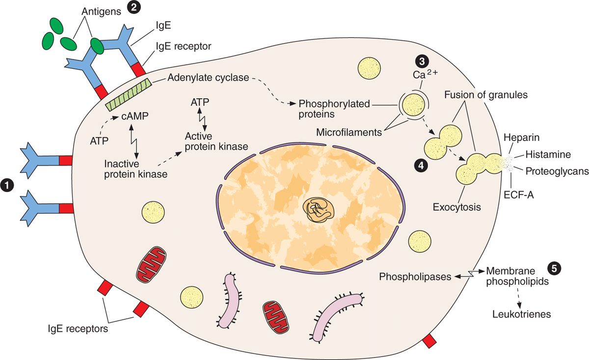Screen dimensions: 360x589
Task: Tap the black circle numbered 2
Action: [133, 7]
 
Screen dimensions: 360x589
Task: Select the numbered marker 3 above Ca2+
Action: [422, 61]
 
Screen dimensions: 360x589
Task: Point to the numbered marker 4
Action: [420, 166]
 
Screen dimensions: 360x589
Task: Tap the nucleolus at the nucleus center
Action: [320, 209]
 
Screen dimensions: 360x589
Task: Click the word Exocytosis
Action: [456, 207]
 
